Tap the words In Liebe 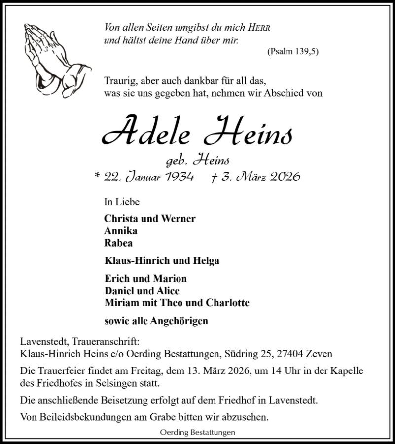(122, 202)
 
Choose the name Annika (120, 230)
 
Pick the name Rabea (118, 242)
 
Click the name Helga (207, 261)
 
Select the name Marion (171, 279)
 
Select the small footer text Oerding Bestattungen (197, 433)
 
